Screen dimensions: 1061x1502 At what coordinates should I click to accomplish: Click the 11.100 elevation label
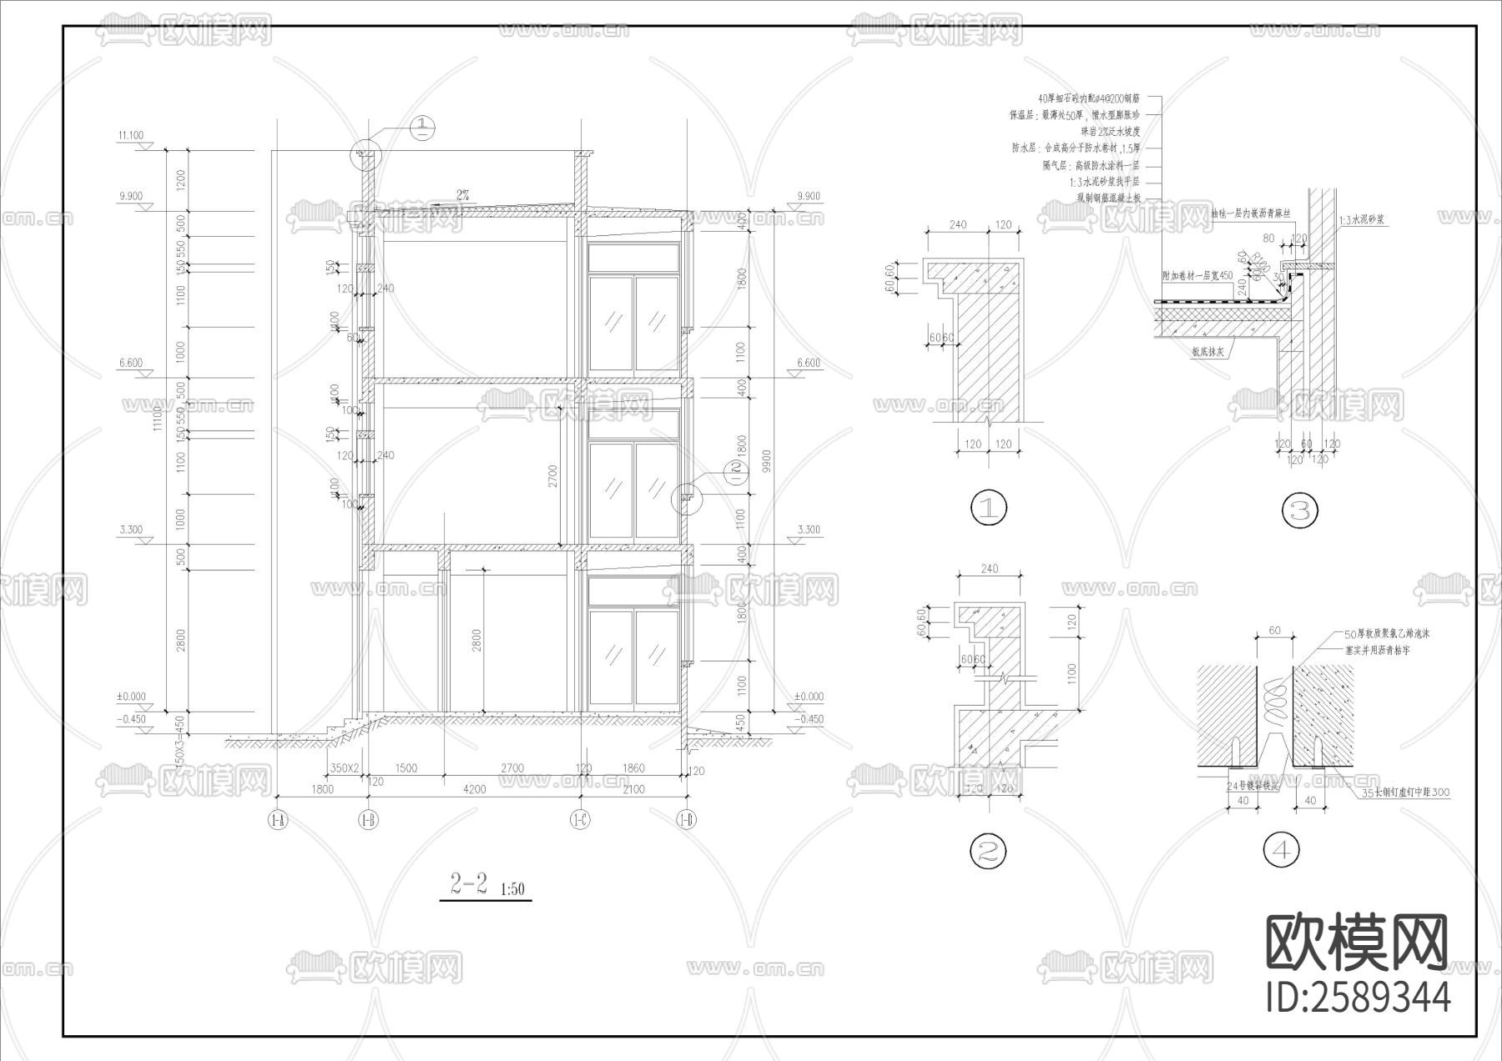(x=131, y=136)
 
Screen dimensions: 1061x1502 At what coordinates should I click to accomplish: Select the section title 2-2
(x=469, y=884)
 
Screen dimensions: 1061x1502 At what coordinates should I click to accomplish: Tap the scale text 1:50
(x=512, y=889)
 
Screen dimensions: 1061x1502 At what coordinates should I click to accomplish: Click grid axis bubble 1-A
(x=277, y=821)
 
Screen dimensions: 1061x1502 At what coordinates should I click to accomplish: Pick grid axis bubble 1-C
(x=580, y=821)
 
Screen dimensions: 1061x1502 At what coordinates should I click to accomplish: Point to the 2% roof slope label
(x=463, y=194)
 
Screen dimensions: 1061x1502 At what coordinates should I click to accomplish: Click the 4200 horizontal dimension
(x=473, y=789)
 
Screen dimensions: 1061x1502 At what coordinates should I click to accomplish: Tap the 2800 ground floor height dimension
(x=476, y=641)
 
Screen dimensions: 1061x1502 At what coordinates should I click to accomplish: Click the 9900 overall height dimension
(x=767, y=460)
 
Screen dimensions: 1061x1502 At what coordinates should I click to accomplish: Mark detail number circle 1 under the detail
(x=989, y=508)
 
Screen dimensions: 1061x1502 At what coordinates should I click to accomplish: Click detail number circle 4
(x=1282, y=851)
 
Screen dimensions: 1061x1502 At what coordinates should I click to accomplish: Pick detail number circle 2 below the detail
(x=988, y=851)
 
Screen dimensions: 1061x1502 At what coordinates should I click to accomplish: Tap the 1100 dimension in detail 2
(x=1072, y=673)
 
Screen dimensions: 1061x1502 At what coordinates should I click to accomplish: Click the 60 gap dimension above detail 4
(x=1274, y=631)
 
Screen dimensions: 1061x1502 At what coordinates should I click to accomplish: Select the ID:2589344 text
(x=1358, y=998)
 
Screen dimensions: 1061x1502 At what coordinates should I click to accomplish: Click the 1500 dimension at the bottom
(x=406, y=769)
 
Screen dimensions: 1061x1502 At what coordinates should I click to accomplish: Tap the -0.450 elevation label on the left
(x=132, y=720)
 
